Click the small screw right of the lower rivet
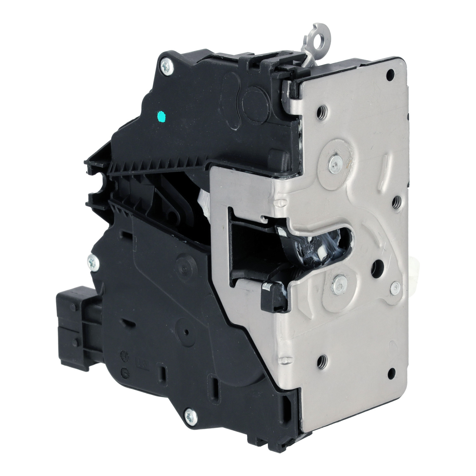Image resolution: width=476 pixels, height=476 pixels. click(x=395, y=288)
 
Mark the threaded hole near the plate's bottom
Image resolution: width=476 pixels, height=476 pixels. click(x=322, y=360)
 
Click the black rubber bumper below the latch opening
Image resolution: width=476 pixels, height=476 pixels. click(x=272, y=297)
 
